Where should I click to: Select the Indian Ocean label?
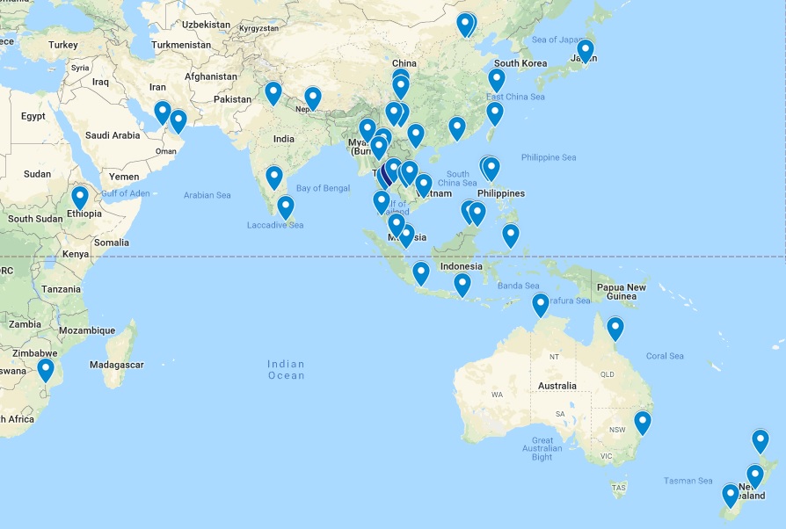(x=287, y=370)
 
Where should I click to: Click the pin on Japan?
(x=585, y=50)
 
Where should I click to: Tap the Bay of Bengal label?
(x=324, y=188)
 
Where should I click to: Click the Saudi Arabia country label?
(x=113, y=135)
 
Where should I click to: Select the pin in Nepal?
(x=312, y=98)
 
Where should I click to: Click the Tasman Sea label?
(x=688, y=481)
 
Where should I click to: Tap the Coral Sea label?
(x=665, y=356)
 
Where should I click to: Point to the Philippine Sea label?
(x=548, y=157)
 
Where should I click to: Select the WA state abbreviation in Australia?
(x=497, y=395)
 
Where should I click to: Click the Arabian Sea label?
(x=207, y=194)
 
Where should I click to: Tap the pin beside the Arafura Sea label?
(x=541, y=304)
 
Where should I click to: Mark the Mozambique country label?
(x=87, y=330)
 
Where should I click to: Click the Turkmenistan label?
(x=181, y=44)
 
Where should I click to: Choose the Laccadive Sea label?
(x=275, y=225)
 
